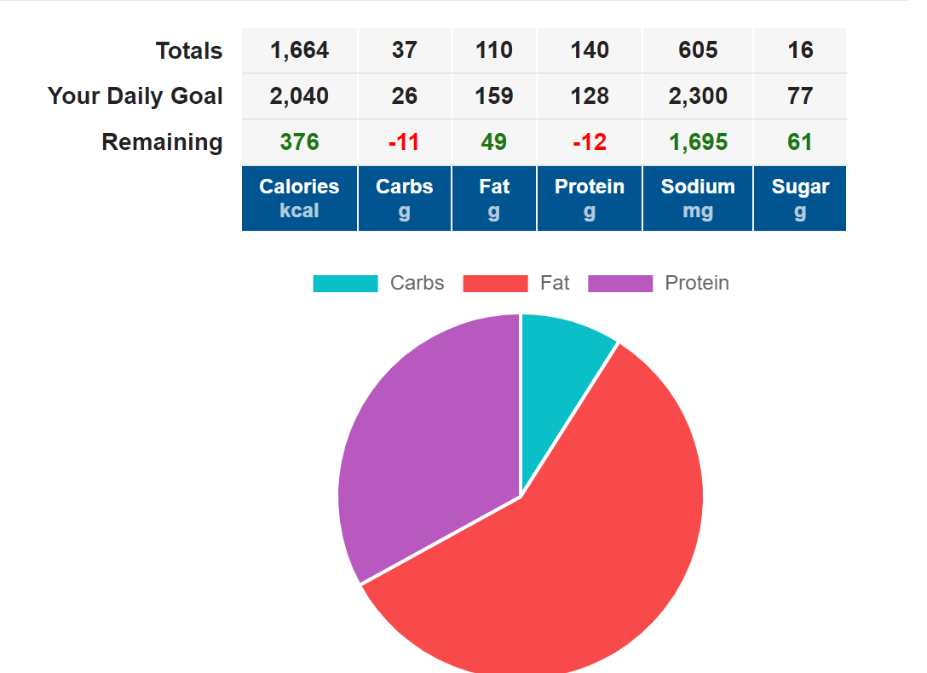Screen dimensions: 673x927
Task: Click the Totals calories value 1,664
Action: tap(299, 50)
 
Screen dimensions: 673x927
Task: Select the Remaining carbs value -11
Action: tap(404, 142)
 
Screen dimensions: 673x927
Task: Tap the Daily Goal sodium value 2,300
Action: tap(698, 96)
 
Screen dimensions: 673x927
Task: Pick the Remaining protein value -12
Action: tap(590, 142)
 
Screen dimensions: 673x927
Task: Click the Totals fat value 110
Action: tap(494, 50)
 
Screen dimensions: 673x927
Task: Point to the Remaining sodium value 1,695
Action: tap(698, 142)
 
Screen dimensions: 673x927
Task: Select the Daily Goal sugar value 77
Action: tap(800, 96)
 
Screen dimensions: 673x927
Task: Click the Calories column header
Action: tap(299, 198)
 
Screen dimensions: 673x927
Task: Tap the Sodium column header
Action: tap(698, 198)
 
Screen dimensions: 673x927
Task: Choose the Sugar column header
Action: tap(800, 198)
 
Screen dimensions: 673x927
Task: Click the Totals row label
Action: tap(189, 51)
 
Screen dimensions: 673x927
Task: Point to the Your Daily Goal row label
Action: tap(135, 96)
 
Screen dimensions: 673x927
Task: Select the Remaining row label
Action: tap(162, 142)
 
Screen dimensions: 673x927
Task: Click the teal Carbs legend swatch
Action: tap(345, 284)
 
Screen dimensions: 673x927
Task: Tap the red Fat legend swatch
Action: tap(495, 284)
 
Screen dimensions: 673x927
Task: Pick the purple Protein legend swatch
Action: tap(620, 284)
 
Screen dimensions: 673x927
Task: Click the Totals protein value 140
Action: tap(590, 50)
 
